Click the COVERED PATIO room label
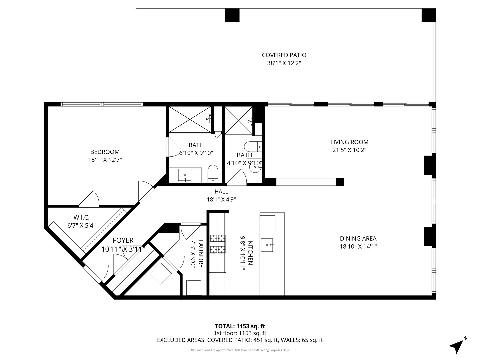pos(284,55)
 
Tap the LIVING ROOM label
pos(349,142)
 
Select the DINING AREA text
pos(358,238)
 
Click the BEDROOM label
pos(105,152)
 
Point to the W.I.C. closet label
pos(81,217)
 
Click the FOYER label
pos(123,240)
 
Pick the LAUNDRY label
pos(201,254)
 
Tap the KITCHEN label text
pos(250,253)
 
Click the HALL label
pos(221,191)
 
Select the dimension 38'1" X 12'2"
pos(284,63)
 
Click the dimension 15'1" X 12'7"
pos(105,160)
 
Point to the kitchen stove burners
pos(218,244)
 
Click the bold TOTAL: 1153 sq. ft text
pos(240,326)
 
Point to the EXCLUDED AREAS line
pos(240,340)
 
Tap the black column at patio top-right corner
pos(428,15)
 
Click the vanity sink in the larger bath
pos(185,175)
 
